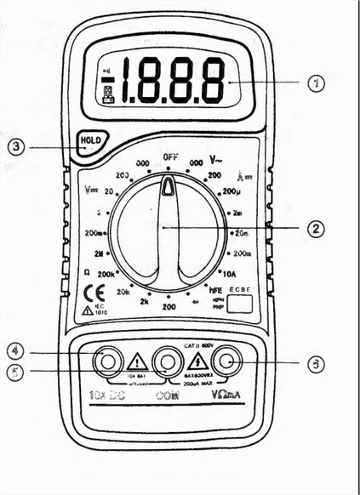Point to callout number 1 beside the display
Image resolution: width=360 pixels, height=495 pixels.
(316, 82)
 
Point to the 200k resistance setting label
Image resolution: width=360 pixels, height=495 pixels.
(107, 276)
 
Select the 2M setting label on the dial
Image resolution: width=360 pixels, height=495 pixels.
(100, 253)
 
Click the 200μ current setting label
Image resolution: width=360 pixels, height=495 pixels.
(232, 192)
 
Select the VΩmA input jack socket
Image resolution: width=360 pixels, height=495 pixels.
(226, 361)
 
